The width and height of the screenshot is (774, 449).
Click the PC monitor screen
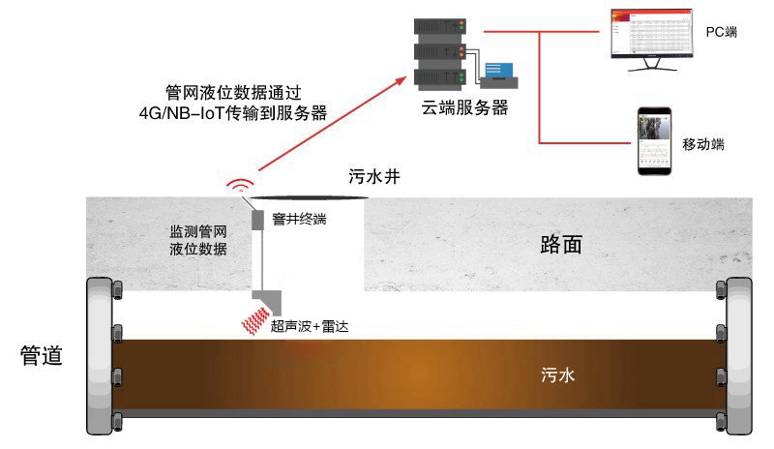[x=651, y=33]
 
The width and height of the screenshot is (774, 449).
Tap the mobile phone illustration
[x=654, y=141]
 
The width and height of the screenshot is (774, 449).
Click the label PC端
[x=721, y=32]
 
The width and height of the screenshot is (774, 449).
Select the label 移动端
[x=703, y=144]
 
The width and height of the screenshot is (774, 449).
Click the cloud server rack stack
[x=440, y=54]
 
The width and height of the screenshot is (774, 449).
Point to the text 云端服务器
[x=464, y=107]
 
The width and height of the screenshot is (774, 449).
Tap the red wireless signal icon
[x=240, y=185]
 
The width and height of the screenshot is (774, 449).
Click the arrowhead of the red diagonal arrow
[x=399, y=82]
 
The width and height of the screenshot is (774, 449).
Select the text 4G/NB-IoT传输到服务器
[x=233, y=113]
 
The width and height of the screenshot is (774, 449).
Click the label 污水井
[x=374, y=176]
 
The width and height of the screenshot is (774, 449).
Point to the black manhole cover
[x=309, y=198]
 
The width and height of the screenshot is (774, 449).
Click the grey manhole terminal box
[x=257, y=221]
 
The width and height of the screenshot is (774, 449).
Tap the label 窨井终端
[x=299, y=219]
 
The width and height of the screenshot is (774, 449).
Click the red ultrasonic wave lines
[x=255, y=320]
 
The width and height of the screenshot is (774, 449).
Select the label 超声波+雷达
[x=310, y=326]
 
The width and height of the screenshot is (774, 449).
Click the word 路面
[x=561, y=244]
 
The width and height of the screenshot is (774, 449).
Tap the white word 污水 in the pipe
[x=558, y=374]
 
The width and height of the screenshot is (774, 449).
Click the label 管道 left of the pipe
[x=42, y=355]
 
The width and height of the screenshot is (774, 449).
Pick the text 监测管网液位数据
[x=198, y=240]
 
